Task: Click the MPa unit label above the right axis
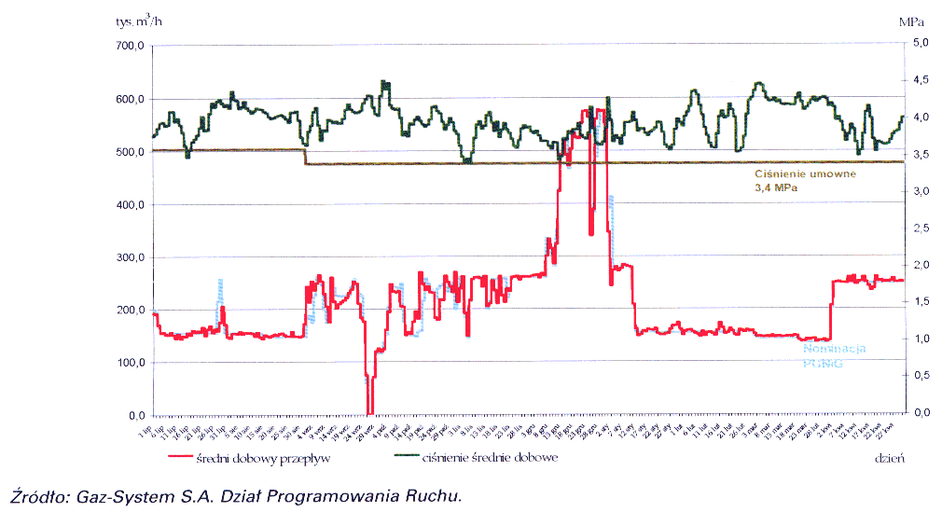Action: pos(911,20)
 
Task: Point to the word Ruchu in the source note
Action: pos(436,495)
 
